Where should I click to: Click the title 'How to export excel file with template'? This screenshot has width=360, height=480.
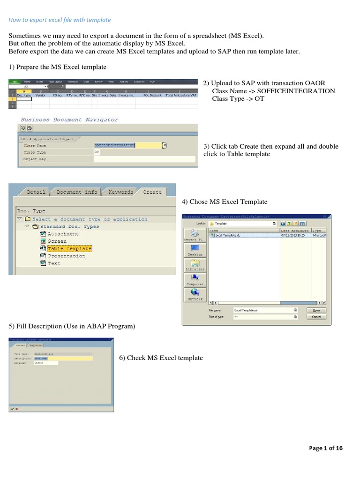60,20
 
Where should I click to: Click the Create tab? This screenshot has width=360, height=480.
152,192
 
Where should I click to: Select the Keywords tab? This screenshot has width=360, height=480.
120,192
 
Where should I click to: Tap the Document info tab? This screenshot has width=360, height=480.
77,192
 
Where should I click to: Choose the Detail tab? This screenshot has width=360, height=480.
36,192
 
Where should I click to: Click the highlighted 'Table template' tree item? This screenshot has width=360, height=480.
70,248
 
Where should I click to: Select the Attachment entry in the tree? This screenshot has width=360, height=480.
63,233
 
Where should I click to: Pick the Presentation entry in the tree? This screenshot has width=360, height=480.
67,256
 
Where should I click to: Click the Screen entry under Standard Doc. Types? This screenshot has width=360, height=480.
57,241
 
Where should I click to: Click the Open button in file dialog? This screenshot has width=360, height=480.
316,310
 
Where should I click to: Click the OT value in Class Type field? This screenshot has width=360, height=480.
97,152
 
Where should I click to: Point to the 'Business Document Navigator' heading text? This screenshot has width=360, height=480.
68,120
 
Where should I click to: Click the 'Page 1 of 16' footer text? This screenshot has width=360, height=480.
326,448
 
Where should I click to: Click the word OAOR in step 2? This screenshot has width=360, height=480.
315,83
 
